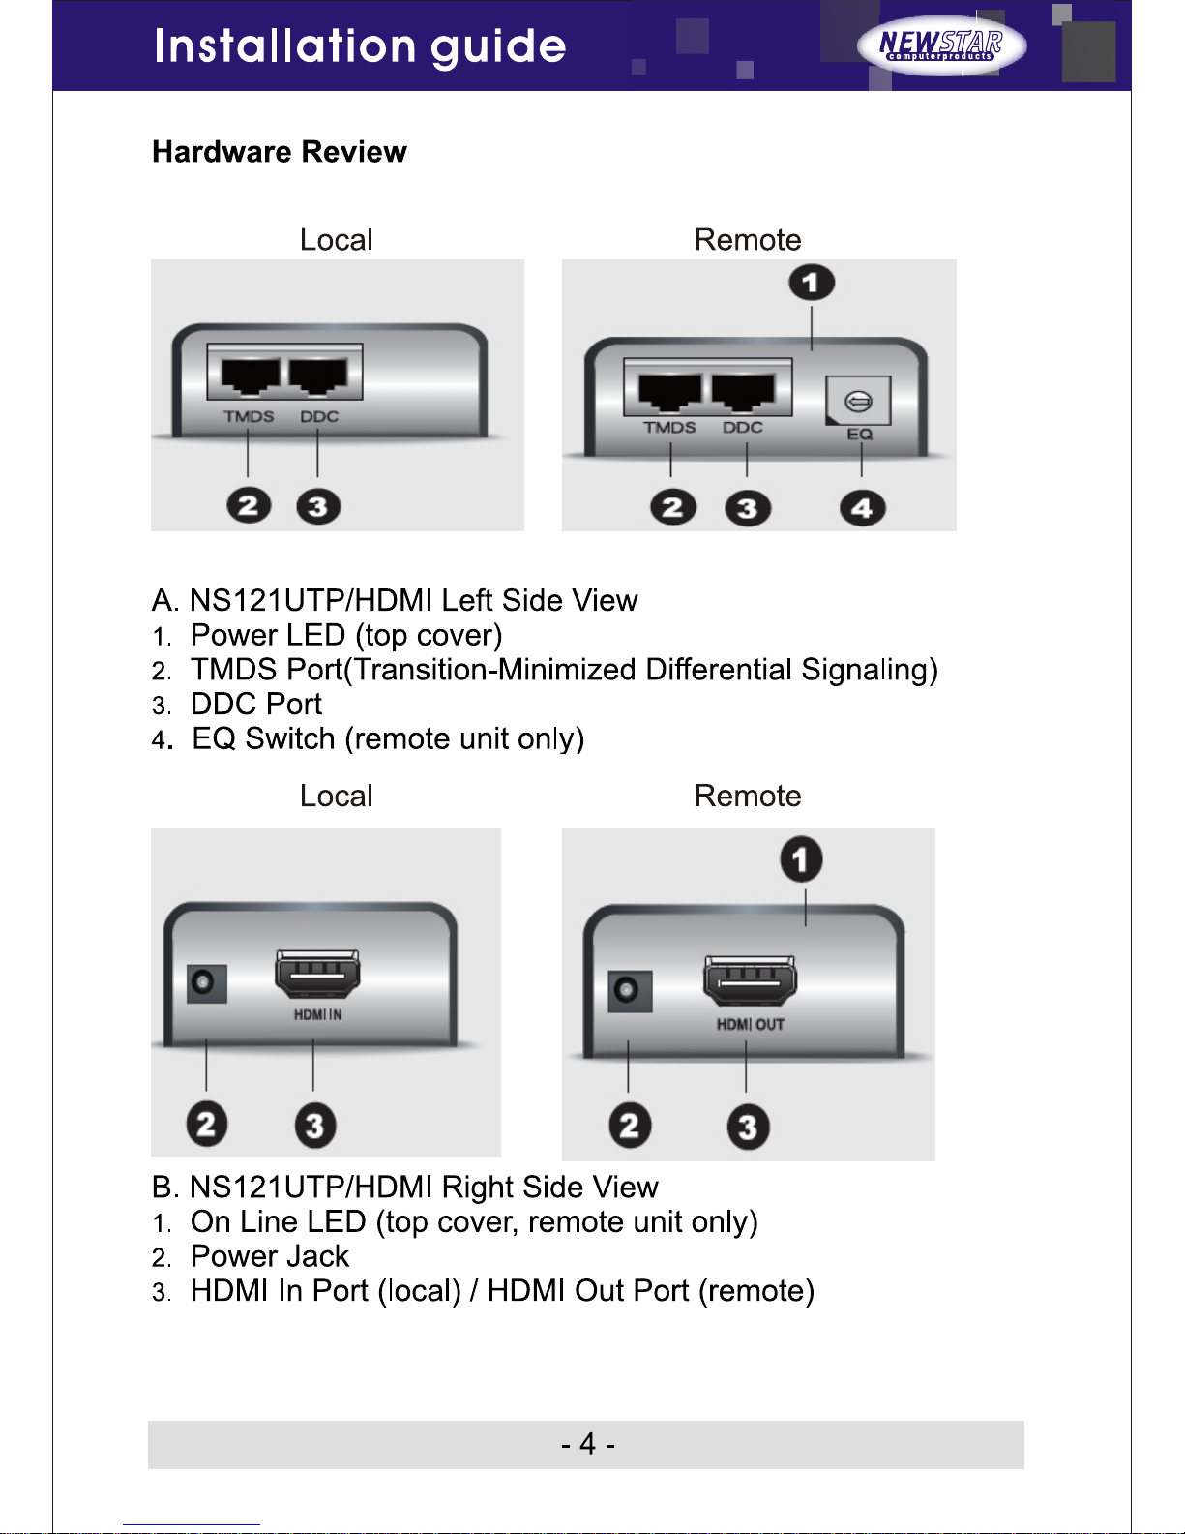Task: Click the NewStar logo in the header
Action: [x=941, y=45]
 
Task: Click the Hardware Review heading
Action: [x=280, y=152]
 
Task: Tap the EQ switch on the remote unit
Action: [x=858, y=401]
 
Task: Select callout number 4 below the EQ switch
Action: [x=862, y=508]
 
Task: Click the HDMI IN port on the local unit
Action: [x=317, y=975]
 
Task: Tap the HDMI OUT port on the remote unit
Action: [x=750, y=980]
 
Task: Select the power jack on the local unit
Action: [x=207, y=983]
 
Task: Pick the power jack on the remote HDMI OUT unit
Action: [x=630, y=991]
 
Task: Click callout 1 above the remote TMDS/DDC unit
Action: [x=812, y=283]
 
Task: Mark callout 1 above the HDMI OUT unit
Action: [x=801, y=859]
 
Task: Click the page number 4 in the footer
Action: [x=587, y=1444]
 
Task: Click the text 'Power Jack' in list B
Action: [x=270, y=1256]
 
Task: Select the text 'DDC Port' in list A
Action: [x=256, y=704]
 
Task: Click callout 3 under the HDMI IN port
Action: [x=315, y=1125]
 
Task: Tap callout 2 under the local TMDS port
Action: [x=249, y=506]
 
